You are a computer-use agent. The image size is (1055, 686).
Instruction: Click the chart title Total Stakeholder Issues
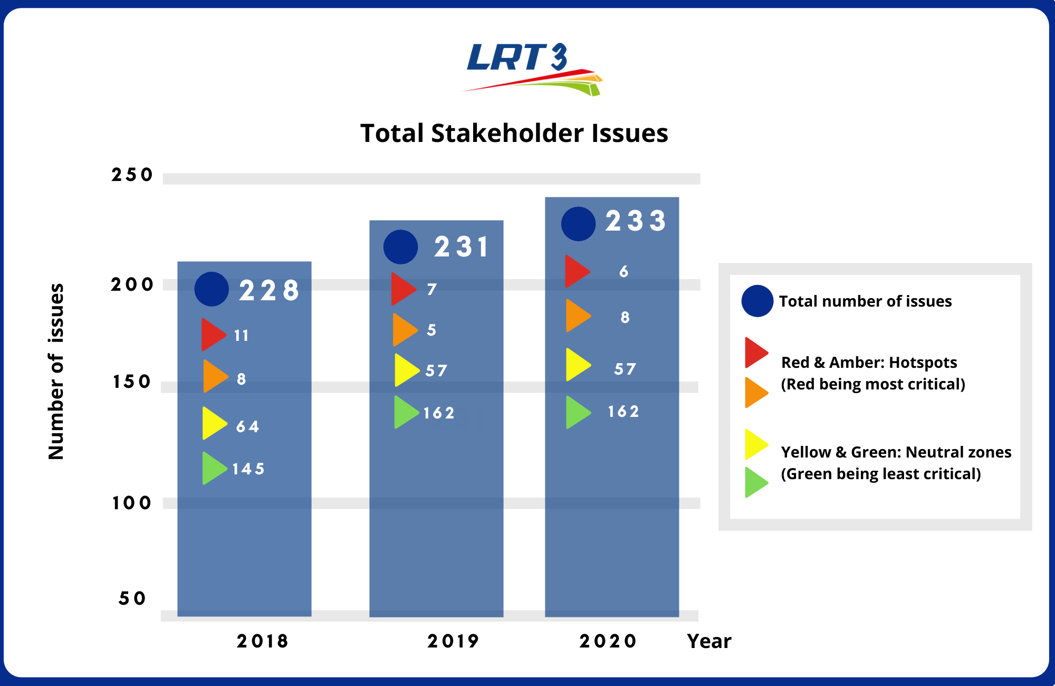[514, 133]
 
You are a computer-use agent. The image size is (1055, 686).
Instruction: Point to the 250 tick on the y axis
[132, 175]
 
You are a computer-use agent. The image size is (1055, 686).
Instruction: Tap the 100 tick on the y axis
[132, 503]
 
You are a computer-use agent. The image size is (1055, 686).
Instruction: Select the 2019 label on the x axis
[453, 641]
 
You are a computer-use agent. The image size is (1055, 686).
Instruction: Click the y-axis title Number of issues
[56, 371]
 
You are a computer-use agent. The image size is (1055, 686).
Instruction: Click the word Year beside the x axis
[709, 641]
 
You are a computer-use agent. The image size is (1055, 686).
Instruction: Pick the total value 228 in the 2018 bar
[269, 290]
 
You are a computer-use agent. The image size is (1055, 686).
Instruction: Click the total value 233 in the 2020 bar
[635, 221]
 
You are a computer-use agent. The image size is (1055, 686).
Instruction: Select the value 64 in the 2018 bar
[247, 426]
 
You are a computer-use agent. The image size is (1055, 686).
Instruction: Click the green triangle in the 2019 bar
[405, 412]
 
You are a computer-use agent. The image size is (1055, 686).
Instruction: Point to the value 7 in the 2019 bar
[431, 289]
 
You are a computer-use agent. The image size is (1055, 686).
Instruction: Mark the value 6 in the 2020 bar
[624, 271]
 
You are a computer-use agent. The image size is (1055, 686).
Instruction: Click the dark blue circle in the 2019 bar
[400, 247]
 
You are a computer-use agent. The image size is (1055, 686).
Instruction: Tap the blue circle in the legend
[757, 301]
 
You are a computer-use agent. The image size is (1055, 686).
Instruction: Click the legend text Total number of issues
[865, 301]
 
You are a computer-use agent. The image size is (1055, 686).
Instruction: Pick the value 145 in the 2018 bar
[248, 469]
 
